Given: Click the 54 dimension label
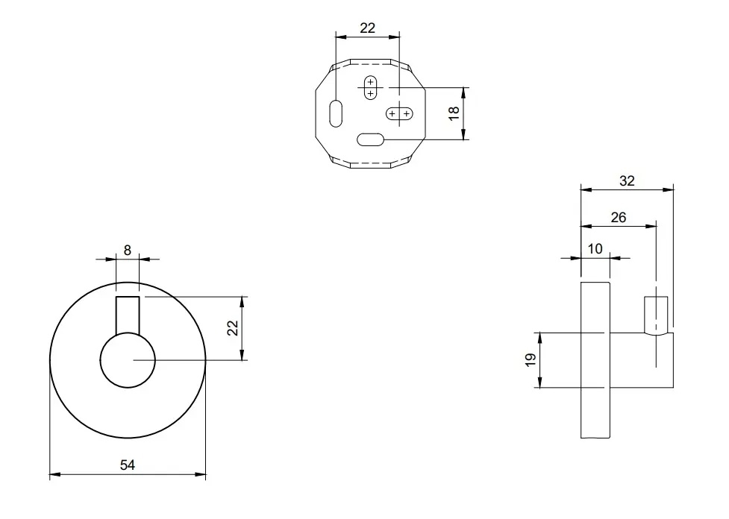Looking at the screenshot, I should [128, 465].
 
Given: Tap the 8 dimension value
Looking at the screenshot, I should [128, 251].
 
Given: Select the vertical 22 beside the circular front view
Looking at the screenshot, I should [233, 328].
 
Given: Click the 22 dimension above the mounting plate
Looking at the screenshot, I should [368, 28].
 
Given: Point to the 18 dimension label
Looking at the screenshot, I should [454, 113].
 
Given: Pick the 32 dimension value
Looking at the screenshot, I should [627, 180].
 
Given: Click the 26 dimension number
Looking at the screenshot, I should [619, 218].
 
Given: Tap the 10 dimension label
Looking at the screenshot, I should [595, 249].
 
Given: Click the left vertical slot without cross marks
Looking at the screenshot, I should [336, 113].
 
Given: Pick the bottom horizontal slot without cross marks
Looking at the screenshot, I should [371, 139].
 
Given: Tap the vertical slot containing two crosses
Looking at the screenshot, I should [370, 87].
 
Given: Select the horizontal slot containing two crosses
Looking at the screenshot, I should [399, 113].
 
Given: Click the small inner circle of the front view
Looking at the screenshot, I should [128, 360].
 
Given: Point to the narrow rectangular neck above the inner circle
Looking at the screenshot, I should [128, 315].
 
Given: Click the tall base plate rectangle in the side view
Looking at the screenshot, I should [596, 359].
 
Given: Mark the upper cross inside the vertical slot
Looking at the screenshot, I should [370, 81].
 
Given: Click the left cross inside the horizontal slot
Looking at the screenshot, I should [392, 113].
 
